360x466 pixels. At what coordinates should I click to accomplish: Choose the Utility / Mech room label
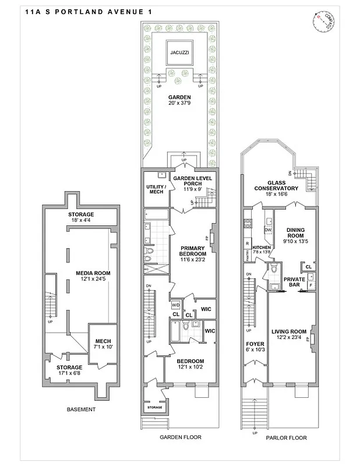(x=156, y=189)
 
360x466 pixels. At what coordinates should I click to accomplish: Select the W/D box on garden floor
(x=175, y=305)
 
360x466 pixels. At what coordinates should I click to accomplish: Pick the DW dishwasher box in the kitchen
(x=269, y=230)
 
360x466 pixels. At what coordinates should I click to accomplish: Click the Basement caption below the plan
(x=81, y=409)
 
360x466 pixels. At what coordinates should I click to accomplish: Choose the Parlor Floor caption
(x=285, y=438)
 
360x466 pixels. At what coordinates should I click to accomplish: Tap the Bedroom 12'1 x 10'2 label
(x=190, y=364)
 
